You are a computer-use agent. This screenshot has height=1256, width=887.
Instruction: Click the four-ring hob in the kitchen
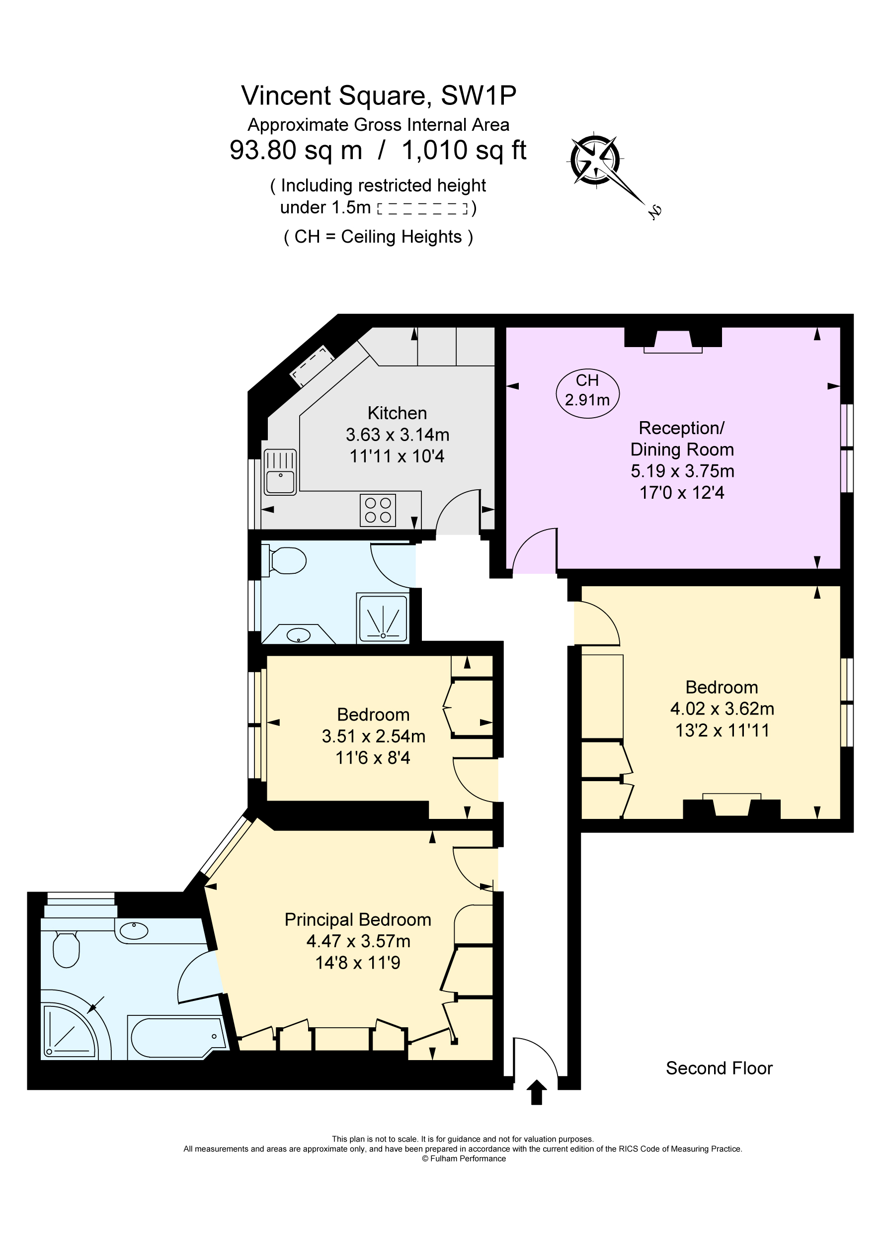click(377, 510)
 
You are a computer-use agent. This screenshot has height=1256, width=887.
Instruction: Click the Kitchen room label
click(397, 413)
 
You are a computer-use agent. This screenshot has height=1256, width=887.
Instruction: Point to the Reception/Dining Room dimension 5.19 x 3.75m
click(682, 471)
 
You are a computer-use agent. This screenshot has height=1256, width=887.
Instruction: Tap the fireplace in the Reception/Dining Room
click(673, 340)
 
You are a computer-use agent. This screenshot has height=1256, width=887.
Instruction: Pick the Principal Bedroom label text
click(358, 919)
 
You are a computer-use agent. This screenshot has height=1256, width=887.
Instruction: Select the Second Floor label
click(719, 1068)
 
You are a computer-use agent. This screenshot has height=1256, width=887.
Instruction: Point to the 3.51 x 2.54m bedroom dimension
click(374, 736)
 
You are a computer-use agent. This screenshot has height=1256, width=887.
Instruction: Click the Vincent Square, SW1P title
click(379, 96)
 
